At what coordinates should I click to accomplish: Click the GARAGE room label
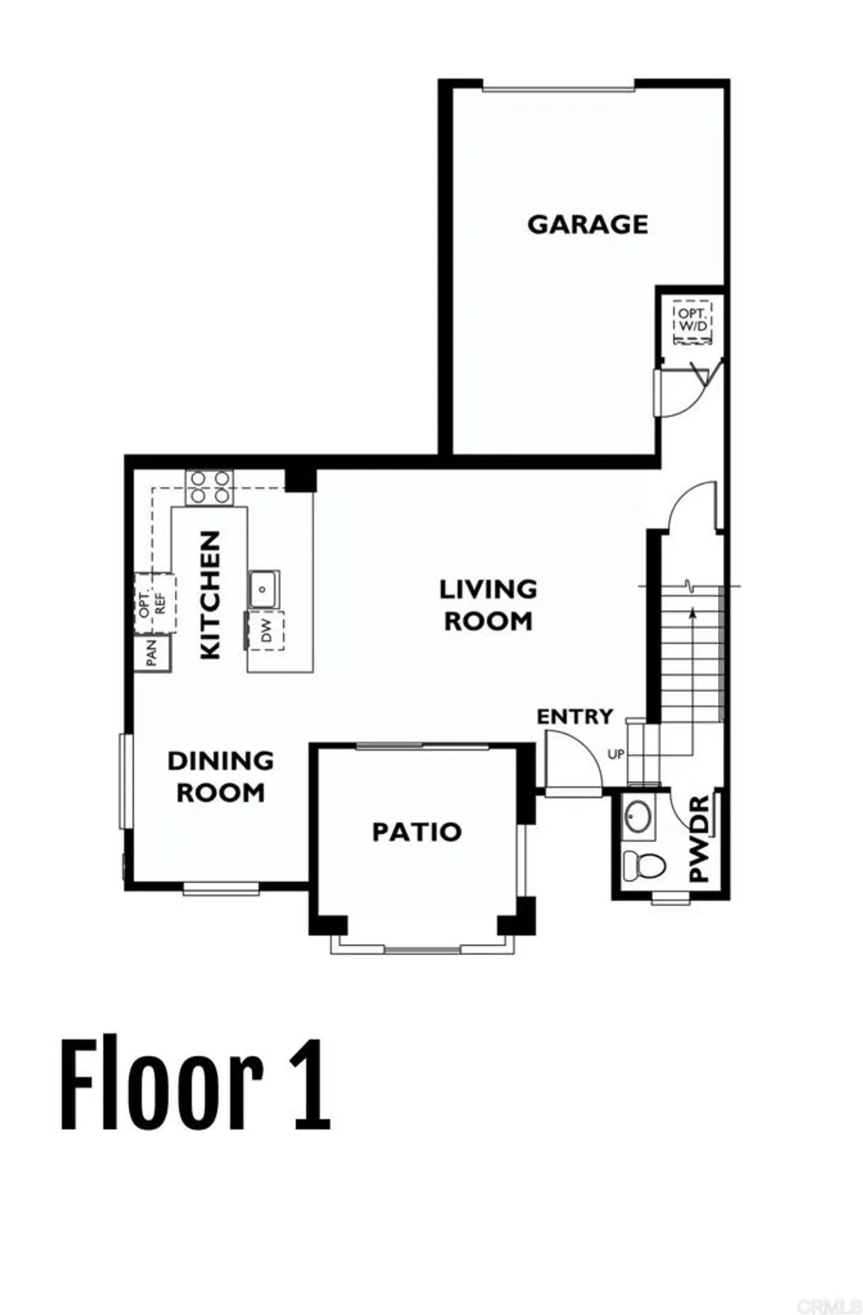click(x=587, y=224)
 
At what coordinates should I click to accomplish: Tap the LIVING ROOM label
click(x=488, y=604)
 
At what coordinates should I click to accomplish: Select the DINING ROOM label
click(x=221, y=776)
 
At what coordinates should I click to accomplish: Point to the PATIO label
click(x=417, y=832)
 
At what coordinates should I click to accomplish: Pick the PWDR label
click(x=699, y=839)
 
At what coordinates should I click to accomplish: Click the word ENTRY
click(x=575, y=717)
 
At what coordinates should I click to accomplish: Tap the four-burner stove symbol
click(x=209, y=487)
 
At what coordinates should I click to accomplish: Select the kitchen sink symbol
click(x=264, y=587)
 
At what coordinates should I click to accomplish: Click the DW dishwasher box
click(x=265, y=631)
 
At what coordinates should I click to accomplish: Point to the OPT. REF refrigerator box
click(x=154, y=603)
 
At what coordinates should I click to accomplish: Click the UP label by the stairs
click(x=616, y=754)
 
